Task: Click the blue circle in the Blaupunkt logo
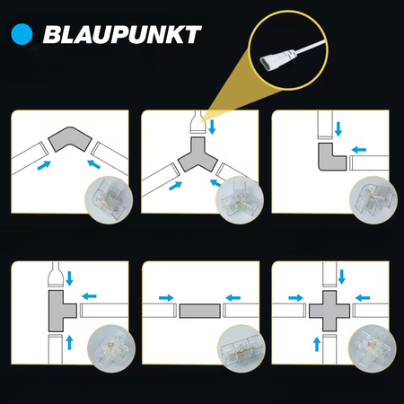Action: (22, 34)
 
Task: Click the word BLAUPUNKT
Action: (122, 34)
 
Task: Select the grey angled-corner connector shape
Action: (70, 138)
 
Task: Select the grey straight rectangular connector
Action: (200, 311)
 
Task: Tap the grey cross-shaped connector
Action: (329, 311)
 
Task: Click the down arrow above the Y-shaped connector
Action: (212, 127)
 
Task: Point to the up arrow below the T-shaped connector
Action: (69, 342)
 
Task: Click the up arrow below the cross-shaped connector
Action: (317, 344)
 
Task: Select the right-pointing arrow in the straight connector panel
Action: (166, 298)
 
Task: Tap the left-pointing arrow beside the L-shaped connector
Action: (359, 149)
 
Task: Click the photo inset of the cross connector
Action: (373, 348)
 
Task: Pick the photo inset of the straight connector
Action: (242, 348)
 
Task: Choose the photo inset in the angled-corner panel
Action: (109, 200)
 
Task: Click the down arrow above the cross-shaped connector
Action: (342, 277)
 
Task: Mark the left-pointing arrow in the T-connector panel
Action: (89, 296)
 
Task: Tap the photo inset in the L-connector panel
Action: (373, 200)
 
